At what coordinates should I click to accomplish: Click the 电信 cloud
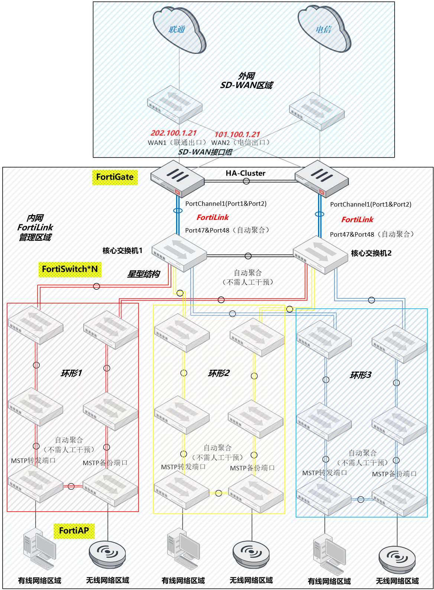tap(323, 29)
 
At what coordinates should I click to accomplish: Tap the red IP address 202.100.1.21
tap(174, 133)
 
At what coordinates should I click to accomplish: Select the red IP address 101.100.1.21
tap(237, 134)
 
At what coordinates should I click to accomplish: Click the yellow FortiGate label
tap(115, 177)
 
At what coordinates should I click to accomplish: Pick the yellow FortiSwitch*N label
tap(70, 269)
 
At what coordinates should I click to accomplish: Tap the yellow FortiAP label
tap(74, 531)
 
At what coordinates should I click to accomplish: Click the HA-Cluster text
tap(246, 173)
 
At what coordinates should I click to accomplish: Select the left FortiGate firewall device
tap(177, 178)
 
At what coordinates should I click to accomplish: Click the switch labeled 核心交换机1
tap(179, 252)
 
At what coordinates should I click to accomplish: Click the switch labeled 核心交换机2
tap(320, 255)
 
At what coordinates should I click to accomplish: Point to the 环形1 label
tap(71, 373)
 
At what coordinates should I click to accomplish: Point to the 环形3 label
tap(360, 375)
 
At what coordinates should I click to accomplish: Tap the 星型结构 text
tap(143, 274)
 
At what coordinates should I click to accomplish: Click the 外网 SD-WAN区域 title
tap(246, 81)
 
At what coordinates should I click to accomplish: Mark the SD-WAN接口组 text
tap(205, 152)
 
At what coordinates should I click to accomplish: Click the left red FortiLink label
tap(213, 217)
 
